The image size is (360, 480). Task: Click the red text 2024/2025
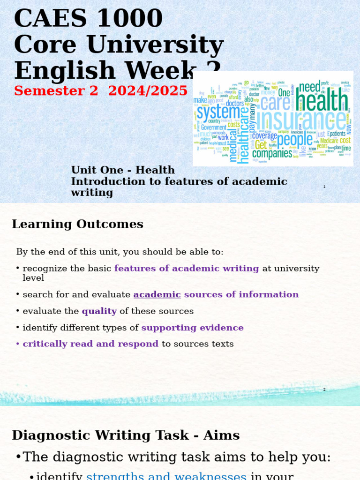148,90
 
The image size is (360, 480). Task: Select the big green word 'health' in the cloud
322,99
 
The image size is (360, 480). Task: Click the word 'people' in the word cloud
294,139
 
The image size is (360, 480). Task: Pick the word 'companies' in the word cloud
272,153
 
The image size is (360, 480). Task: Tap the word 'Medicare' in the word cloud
329,141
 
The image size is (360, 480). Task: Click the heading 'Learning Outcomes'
77,224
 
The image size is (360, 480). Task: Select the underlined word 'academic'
157,294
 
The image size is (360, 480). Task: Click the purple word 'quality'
99,311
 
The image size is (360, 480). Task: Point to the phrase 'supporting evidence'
192,328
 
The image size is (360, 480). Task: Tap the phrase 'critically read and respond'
90,344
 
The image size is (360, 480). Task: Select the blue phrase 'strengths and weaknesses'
166,475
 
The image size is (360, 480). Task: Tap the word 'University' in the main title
155,45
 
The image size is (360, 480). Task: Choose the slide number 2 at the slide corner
324,389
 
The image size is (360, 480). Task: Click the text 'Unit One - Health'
123,170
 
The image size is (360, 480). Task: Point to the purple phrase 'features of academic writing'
187,269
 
